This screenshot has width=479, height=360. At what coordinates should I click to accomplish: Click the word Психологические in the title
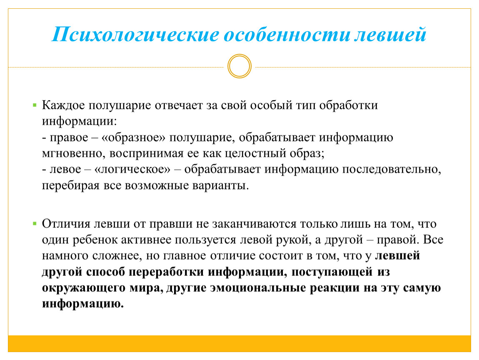pos(136,35)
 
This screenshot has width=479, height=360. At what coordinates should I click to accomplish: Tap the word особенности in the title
pos(287,35)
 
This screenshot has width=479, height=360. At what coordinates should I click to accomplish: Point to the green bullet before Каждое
pos(35,105)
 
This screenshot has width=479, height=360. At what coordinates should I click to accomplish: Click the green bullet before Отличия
pos(35,224)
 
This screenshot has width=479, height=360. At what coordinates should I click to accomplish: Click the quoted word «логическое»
pos(132,169)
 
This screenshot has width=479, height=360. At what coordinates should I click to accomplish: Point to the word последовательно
pos(392,169)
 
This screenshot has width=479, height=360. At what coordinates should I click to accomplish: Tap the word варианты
pos(220,185)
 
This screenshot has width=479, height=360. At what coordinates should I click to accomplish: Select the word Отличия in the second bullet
pos(66,224)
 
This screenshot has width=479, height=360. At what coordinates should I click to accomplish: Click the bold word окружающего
pos(84,288)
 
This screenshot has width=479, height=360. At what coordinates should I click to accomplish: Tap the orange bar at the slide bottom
pos(239,343)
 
